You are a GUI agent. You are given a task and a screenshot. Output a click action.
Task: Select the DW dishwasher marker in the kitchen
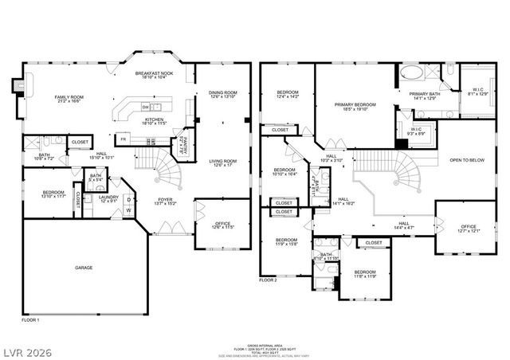(145, 107)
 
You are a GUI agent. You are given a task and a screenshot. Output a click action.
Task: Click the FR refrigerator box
(123, 139)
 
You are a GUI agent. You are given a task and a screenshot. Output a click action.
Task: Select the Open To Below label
(466, 159)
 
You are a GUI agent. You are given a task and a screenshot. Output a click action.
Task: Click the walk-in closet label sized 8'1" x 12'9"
(478, 92)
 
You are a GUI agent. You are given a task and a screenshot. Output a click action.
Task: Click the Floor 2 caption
(269, 280)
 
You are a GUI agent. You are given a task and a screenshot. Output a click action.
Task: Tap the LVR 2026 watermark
(26, 348)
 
